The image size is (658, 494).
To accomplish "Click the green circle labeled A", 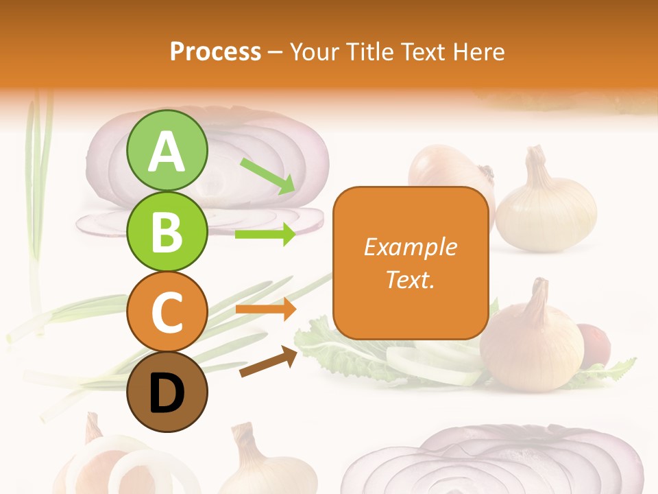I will click(x=167, y=150).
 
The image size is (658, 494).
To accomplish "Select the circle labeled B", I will click(x=167, y=231).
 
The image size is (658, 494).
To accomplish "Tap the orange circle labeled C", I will click(x=167, y=311).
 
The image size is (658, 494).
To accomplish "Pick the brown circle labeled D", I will click(x=167, y=392).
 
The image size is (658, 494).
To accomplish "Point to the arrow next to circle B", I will click(x=265, y=235).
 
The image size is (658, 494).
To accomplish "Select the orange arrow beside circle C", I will click(x=265, y=309).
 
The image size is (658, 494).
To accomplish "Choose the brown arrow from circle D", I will click(x=268, y=362).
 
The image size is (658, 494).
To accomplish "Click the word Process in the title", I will click(x=215, y=51).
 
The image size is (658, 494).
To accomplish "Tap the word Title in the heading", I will click(x=369, y=51).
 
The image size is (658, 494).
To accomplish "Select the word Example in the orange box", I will click(x=410, y=247).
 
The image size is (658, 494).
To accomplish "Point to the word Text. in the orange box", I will click(x=410, y=280).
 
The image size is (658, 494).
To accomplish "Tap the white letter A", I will click(x=167, y=152).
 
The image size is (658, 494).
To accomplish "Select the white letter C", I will click(x=167, y=312).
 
